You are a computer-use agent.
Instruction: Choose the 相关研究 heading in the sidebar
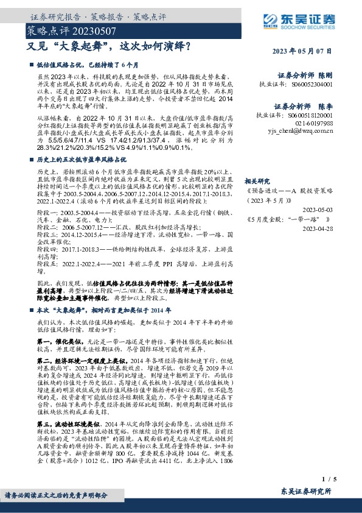(256, 180)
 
